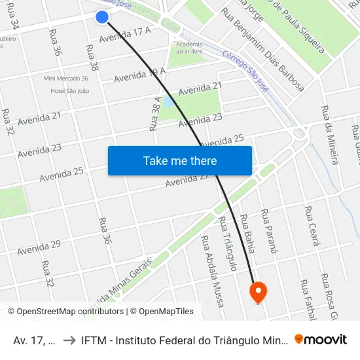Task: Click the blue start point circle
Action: [x=101, y=17]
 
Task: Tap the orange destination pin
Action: [x=258, y=291]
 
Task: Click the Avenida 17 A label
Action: [x=125, y=35]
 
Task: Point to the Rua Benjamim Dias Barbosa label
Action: [x=262, y=49]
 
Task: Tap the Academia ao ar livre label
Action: [x=189, y=47]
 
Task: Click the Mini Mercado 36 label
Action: [x=65, y=79]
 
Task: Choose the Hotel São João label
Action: [x=69, y=91]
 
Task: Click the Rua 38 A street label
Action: [x=156, y=113]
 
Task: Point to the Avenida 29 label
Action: [x=39, y=247]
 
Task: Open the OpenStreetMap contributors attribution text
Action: [x=68, y=312]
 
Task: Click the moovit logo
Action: [x=321, y=339]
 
